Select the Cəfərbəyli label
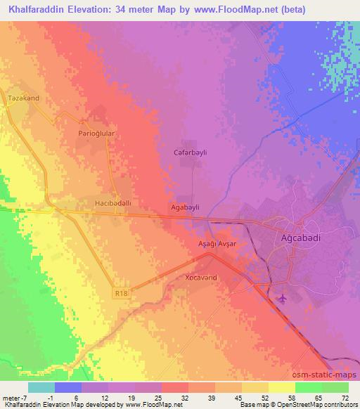click(x=190, y=152)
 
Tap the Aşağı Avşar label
click(x=216, y=243)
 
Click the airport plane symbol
click(x=283, y=298)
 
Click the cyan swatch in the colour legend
click(x=41, y=387)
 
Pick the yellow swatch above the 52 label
click(x=255, y=387)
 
